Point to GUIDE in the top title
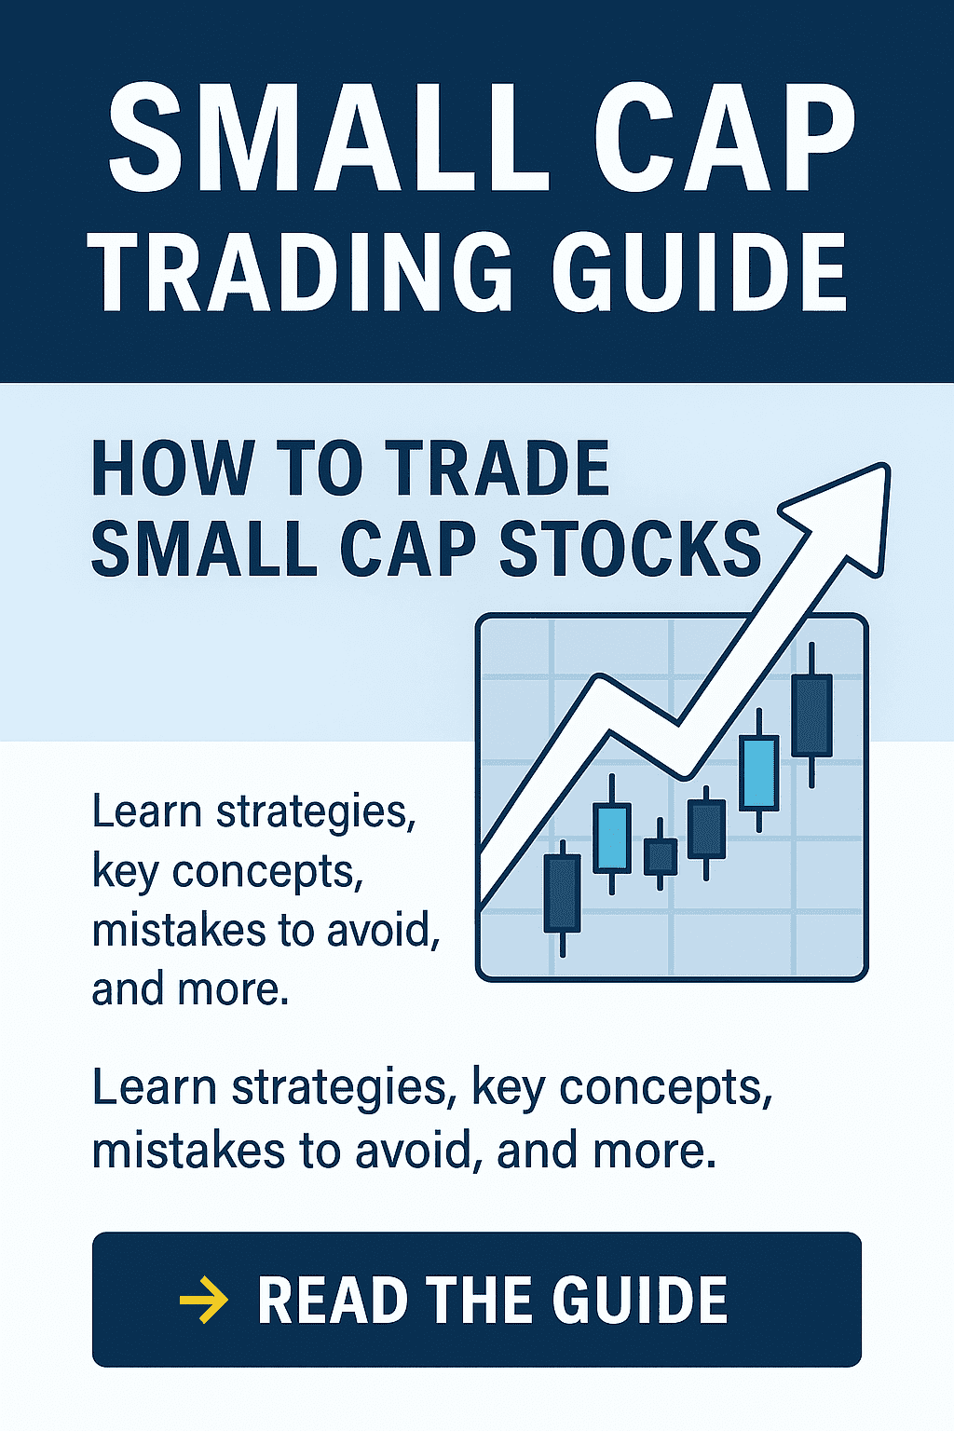click(x=700, y=271)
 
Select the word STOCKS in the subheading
click(x=630, y=549)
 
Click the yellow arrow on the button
click(x=203, y=1300)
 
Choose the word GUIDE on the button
click(x=640, y=1300)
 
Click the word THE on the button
click(x=479, y=1300)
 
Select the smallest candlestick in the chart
click(x=661, y=855)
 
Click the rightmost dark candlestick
click(x=811, y=715)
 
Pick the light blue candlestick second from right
click(x=759, y=773)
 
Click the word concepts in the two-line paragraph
click(x=665, y=1088)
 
